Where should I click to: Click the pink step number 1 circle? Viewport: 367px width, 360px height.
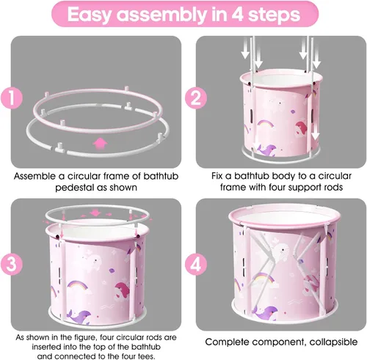pos(12,98)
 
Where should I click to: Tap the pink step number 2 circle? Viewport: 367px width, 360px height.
pos(196,98)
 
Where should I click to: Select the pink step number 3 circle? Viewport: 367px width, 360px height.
pos(12,264)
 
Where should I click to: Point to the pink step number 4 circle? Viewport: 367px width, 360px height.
pos(196,264)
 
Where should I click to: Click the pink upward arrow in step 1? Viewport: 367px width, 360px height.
pos(100,144)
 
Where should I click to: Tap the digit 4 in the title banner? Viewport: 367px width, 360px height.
pos(237,14)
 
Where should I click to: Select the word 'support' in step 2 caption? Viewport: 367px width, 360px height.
pos(302,188)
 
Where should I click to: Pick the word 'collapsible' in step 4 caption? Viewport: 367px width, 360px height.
pos(333,342)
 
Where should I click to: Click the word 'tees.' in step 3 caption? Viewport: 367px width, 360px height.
pos(145,356)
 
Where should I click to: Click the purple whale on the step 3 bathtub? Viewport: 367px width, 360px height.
pos(80,317)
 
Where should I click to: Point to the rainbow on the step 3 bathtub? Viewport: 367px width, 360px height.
pos(78,286)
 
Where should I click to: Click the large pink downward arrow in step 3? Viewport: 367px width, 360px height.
pos(95,213)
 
